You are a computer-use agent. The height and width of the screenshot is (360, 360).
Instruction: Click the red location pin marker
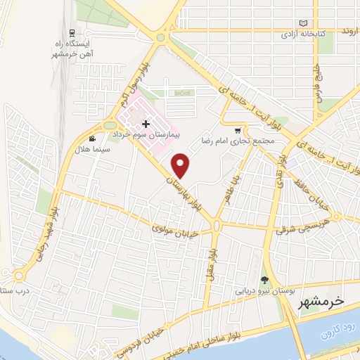[182, 165]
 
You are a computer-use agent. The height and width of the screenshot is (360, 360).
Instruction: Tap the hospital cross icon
[145, 124]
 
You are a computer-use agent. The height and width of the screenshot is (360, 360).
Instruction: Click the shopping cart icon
[238, 130]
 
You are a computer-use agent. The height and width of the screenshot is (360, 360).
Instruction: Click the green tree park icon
[265, 280]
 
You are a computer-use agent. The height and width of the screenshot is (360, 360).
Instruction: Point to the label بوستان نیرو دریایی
[266, 290]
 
